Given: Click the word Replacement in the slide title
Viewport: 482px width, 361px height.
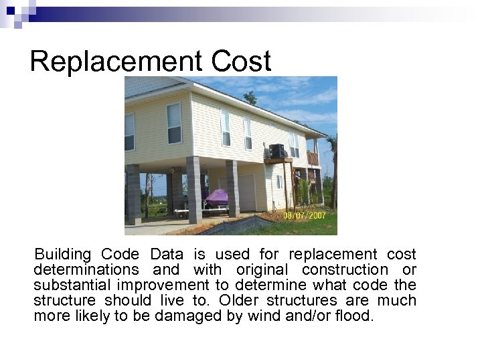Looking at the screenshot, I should [x=116, y=62].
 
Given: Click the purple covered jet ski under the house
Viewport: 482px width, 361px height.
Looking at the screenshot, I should [x=216, y=197].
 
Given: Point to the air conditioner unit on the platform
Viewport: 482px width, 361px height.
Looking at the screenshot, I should [x=275, y=150].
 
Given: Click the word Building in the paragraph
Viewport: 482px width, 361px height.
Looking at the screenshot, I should [x=62, y=255].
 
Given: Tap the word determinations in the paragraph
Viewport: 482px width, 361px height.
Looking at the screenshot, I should [x=86, y=270].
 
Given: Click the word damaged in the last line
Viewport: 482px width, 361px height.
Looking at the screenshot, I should [x=181, y=316].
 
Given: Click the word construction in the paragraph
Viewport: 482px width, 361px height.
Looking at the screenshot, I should [x=345, y=270].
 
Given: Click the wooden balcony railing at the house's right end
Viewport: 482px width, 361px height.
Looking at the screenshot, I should [x=313, y=158].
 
